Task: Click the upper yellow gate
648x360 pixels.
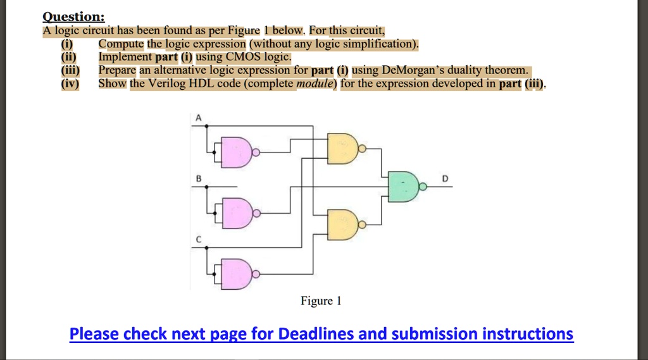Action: [342, 150]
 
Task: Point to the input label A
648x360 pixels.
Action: [198, 118]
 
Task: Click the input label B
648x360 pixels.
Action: [198, 179]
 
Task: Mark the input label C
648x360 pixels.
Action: [198, 239]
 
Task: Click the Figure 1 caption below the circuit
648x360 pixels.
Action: [321, 301]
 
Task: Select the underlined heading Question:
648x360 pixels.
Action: [69, 17]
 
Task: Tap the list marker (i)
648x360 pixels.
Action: [66, 44]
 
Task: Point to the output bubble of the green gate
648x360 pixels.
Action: [423, 187]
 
